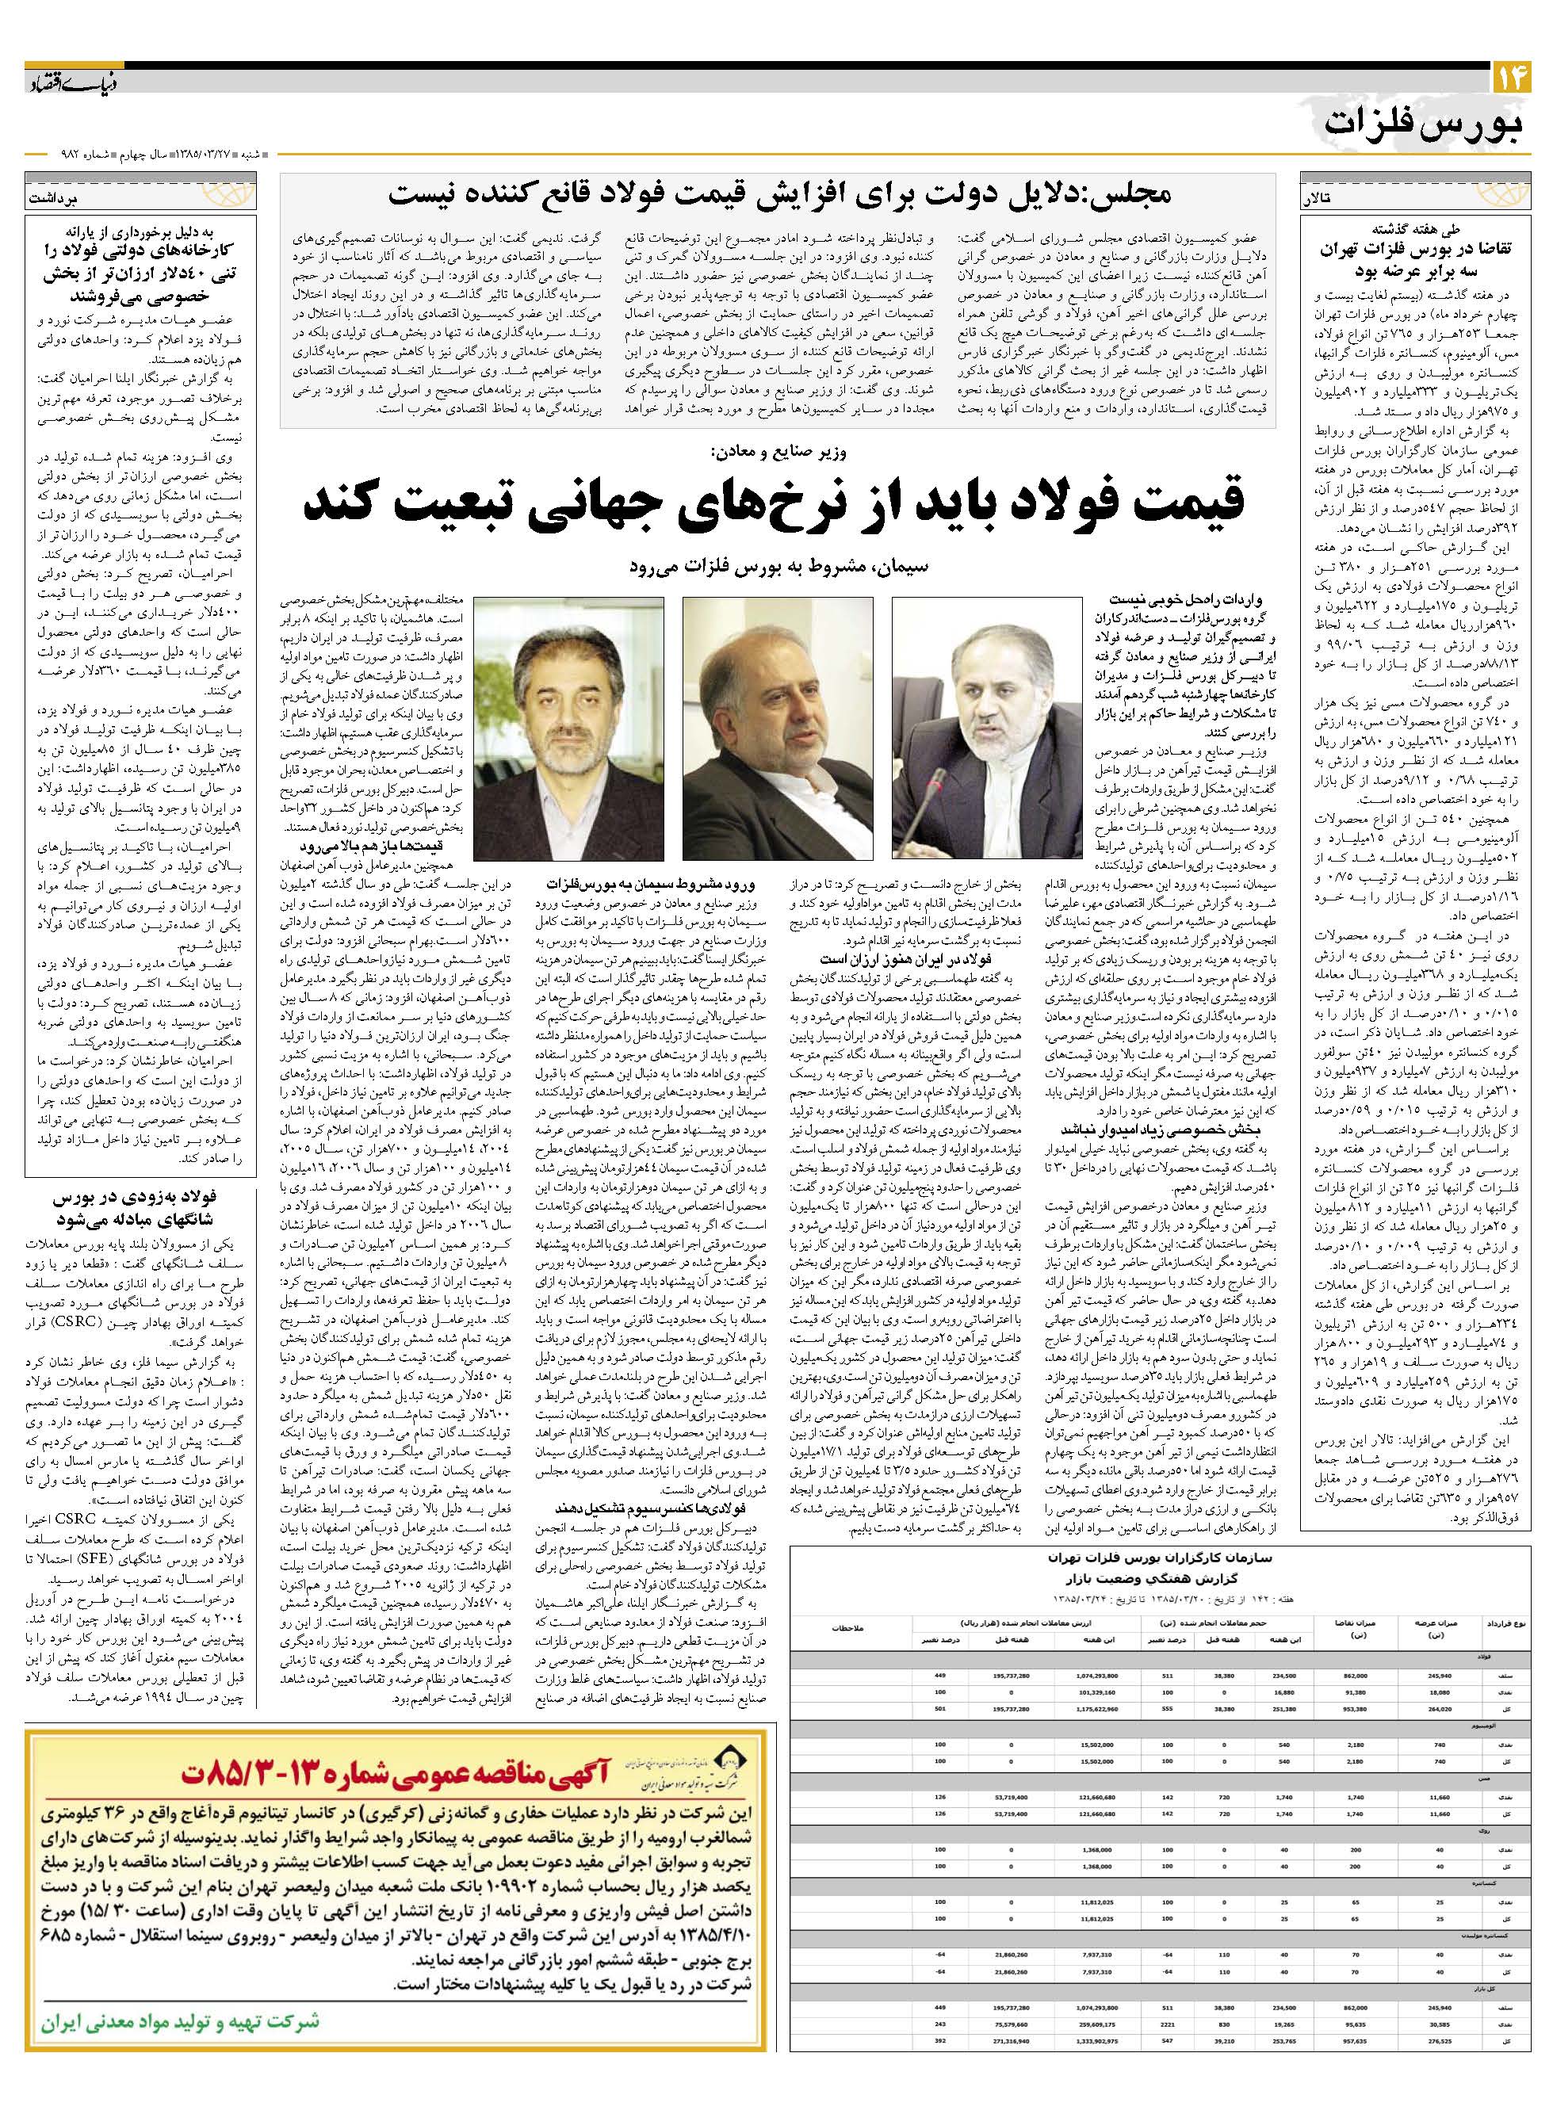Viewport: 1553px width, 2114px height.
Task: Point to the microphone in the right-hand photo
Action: [x=930, y=780]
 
